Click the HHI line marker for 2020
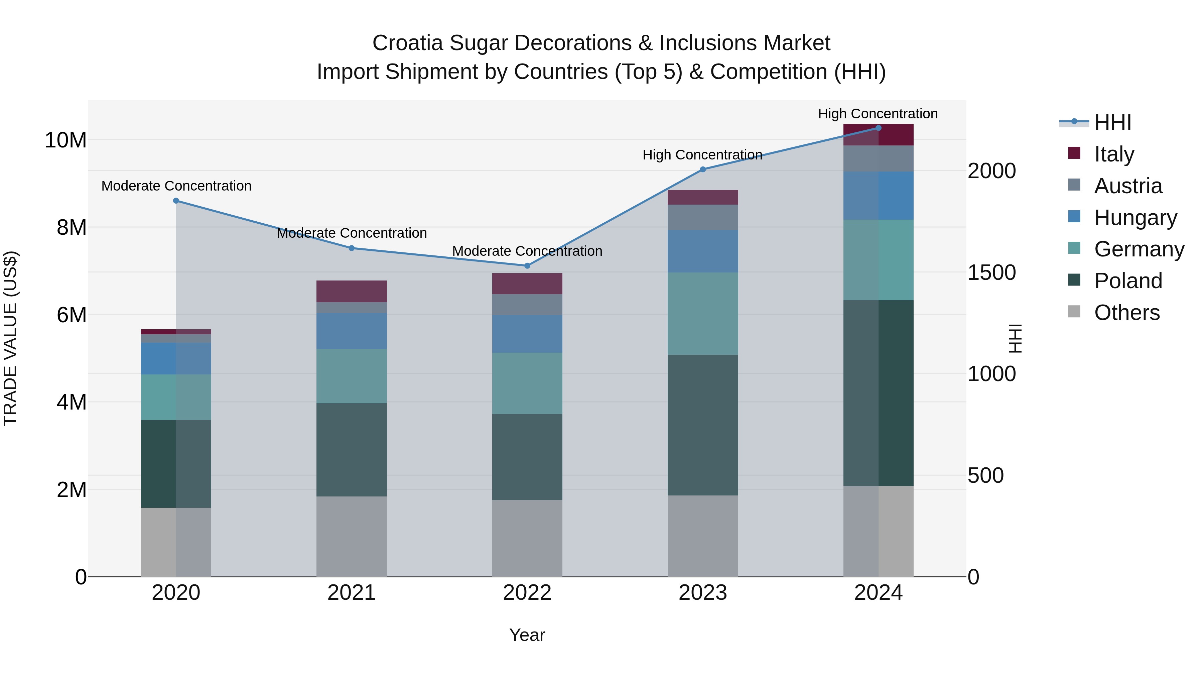pos(176,201)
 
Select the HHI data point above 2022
pos(527,266)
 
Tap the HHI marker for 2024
pos(879,128)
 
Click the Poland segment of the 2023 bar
pos(703,425)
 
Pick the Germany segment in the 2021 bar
pos(352,376)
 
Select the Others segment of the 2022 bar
pos(527,538)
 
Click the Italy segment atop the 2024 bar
pos(879,135)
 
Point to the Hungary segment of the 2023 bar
pos(703,251)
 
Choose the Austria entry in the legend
pos(1128,186)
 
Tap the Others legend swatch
pos(1074,312)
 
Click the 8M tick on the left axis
pos(72,228)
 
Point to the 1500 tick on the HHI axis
pos(991,272)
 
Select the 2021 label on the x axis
pos(352,593)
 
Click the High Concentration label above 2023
pos(702,155)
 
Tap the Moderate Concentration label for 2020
pos(176,186)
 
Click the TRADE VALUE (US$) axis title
pos(10,338)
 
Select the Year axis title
pos(527,635)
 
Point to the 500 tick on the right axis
pos(985,476)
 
